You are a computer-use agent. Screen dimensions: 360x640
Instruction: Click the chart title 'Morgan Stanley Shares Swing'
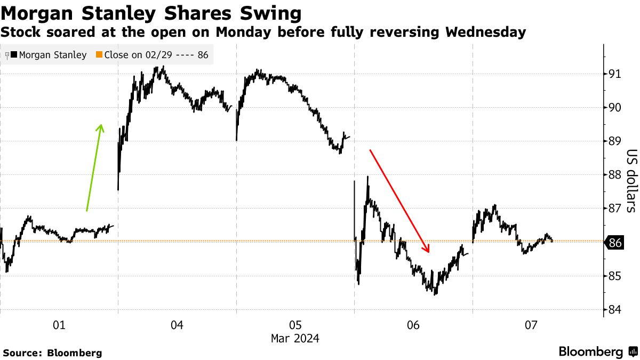point(150,12)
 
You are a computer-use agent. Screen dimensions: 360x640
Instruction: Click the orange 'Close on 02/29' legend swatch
point(99,55)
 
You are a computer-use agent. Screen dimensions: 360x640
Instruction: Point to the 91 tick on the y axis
point(615,74)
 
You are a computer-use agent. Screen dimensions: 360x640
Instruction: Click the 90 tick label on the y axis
point(615,107)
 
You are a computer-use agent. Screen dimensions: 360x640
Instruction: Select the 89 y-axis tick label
point(615,141)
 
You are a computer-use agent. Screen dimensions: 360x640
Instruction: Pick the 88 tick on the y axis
point(615,175)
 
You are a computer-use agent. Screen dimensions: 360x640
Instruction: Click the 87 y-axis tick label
point(615,209)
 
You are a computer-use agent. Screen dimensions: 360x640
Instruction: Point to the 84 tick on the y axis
point(615,310)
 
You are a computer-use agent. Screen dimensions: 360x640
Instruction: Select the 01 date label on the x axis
point(59,325)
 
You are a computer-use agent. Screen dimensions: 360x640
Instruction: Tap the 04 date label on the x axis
point(177,325)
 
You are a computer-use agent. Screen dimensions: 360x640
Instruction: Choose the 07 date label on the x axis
point(531,325)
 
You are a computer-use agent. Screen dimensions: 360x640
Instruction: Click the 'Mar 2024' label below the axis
point(295,338)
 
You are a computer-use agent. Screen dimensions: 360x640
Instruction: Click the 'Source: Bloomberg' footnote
point(52,353)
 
